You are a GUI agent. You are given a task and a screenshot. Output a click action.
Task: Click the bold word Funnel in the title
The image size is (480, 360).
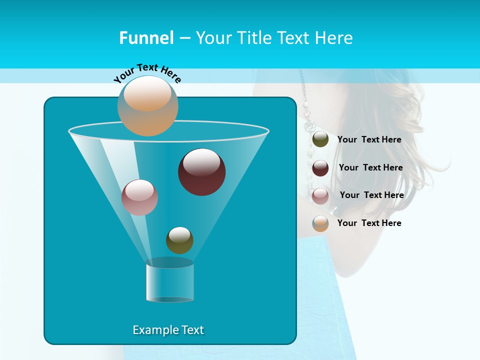click(146, 38)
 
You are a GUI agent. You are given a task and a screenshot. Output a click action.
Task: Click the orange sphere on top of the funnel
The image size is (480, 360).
click(148, 105)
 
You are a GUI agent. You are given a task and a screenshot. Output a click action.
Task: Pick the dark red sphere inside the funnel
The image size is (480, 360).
click(201, 171)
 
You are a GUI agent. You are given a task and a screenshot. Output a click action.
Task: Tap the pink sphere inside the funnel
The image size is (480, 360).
click(139, 197)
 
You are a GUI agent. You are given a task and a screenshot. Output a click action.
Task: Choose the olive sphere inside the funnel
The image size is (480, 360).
click(179, 240)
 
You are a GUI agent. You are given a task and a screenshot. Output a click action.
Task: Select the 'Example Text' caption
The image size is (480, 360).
click(168, 330)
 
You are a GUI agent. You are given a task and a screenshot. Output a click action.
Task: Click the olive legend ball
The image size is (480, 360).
click(320, 139)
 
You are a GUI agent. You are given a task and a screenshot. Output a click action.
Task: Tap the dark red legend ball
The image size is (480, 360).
click(320, 167)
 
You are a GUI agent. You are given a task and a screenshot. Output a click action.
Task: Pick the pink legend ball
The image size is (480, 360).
click(320, 195)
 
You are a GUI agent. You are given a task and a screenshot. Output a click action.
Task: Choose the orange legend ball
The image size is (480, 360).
click(320, 223)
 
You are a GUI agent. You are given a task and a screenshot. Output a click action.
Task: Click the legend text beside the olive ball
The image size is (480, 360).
click(369, 139)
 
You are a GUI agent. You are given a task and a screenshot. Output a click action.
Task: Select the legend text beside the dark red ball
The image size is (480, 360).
click(370, 167)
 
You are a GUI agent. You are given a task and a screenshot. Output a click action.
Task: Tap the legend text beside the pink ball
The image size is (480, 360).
click(371, 195)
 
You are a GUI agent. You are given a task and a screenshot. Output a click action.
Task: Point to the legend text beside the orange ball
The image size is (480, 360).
click(369, 223)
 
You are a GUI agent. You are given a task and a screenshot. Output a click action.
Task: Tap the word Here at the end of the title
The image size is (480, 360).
click(334, 38)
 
